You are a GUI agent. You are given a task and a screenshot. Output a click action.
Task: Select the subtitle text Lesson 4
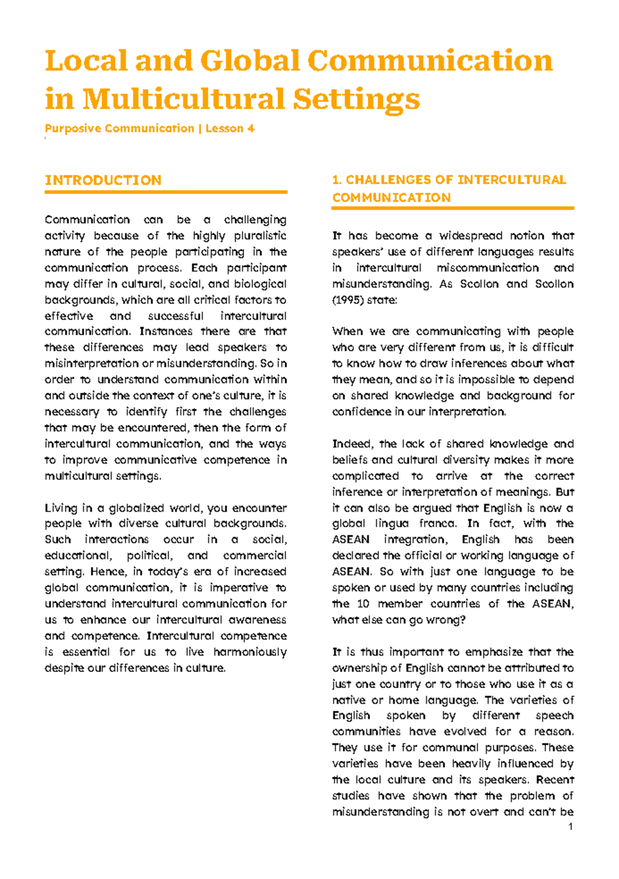pos(230,128)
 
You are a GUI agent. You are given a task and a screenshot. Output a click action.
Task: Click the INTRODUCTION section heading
pos(103,180)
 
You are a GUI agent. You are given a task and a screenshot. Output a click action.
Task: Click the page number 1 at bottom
pos(570,827)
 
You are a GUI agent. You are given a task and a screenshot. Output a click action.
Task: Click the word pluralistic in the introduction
pos(260,236)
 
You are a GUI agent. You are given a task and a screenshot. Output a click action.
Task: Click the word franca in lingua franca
pos(437,524)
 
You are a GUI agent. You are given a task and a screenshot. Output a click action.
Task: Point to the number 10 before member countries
pos(363,604)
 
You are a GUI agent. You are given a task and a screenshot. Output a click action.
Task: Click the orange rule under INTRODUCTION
pos(166,192)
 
